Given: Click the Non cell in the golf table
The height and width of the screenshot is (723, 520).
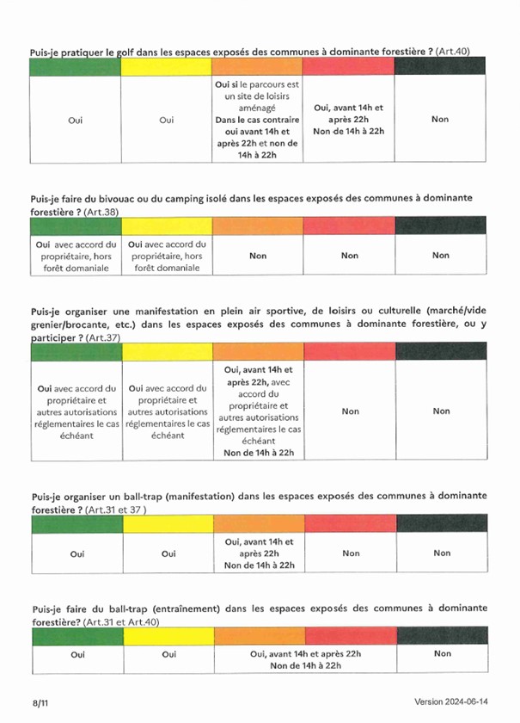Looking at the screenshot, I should tap(440, 120).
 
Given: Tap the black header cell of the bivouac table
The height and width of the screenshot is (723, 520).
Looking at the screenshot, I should tap(440, 226).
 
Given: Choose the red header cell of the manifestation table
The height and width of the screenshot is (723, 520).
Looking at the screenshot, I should tap(350, 351).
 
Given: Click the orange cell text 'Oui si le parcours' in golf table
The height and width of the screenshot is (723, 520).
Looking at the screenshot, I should tap(257, 85).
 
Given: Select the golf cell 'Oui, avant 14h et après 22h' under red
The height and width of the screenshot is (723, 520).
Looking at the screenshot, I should tap(349, 120).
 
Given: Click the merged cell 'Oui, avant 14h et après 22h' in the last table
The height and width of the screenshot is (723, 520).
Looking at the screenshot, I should tap(305, 659).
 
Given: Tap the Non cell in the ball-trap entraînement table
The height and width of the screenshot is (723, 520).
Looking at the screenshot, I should tap(442, 654).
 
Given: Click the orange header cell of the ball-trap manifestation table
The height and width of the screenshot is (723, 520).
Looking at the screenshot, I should tap(259, 522).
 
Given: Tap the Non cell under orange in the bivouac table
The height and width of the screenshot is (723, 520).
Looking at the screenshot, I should tap(258, 256).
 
